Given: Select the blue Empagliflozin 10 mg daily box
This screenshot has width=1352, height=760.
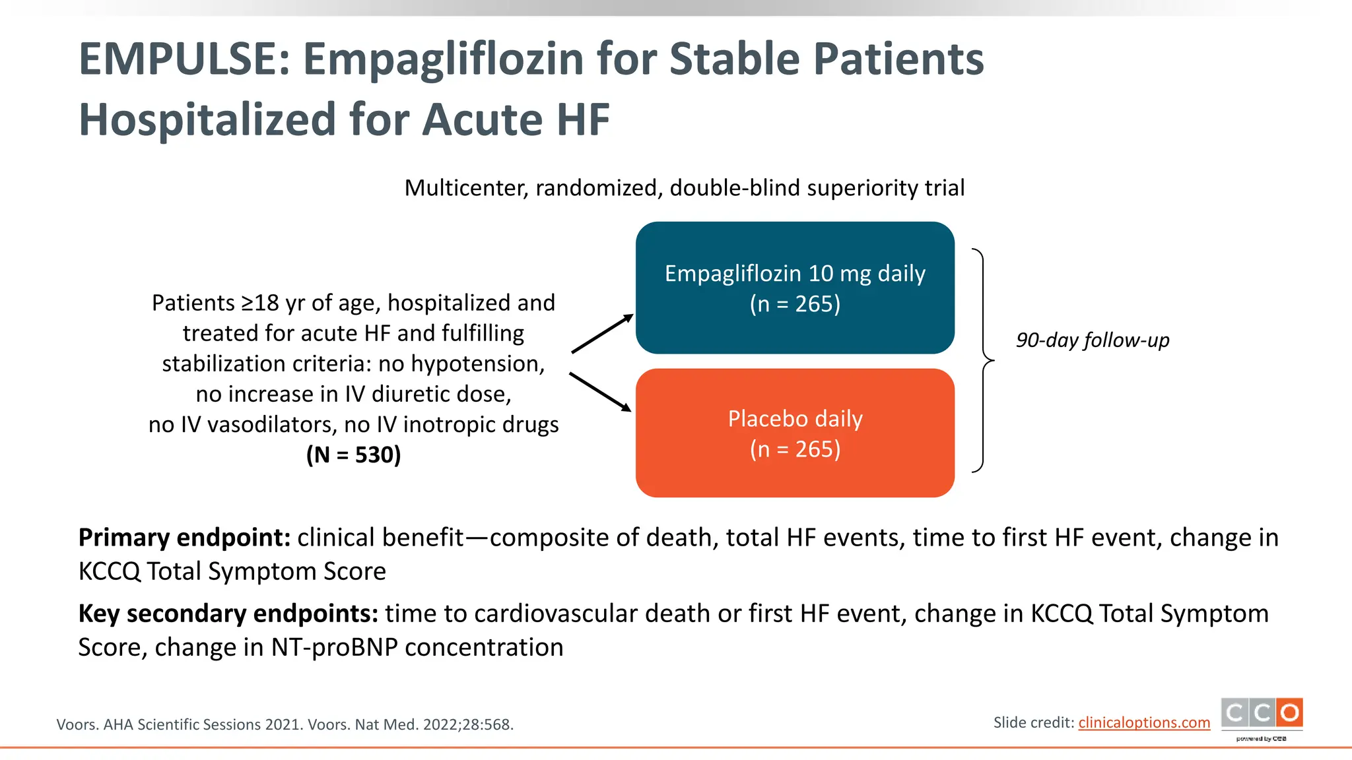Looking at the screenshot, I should pos(795,288).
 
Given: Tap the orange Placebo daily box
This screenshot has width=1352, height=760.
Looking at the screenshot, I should pos(795,433).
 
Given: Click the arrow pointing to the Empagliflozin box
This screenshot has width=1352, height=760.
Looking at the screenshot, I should pos(602,334).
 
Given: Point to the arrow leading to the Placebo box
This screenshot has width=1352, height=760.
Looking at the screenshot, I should pos(600,392).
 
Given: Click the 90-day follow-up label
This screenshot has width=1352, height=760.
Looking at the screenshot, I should pos(1093,340).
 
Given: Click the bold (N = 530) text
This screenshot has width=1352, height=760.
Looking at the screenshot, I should pos(353,455).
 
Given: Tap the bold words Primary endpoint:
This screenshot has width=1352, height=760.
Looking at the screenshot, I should pos(184,538).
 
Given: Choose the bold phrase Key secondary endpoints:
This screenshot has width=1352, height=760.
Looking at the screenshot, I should pos(228,614).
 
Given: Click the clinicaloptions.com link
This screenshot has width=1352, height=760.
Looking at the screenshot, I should pos(1144,723).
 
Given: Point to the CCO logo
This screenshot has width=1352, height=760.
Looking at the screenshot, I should pos(1262,714).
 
